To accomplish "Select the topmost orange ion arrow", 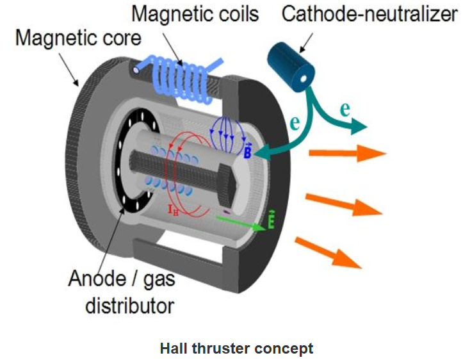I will coord(346,154).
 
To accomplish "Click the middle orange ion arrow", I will coord(343,204).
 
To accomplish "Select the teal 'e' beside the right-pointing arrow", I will coord(345,109).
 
